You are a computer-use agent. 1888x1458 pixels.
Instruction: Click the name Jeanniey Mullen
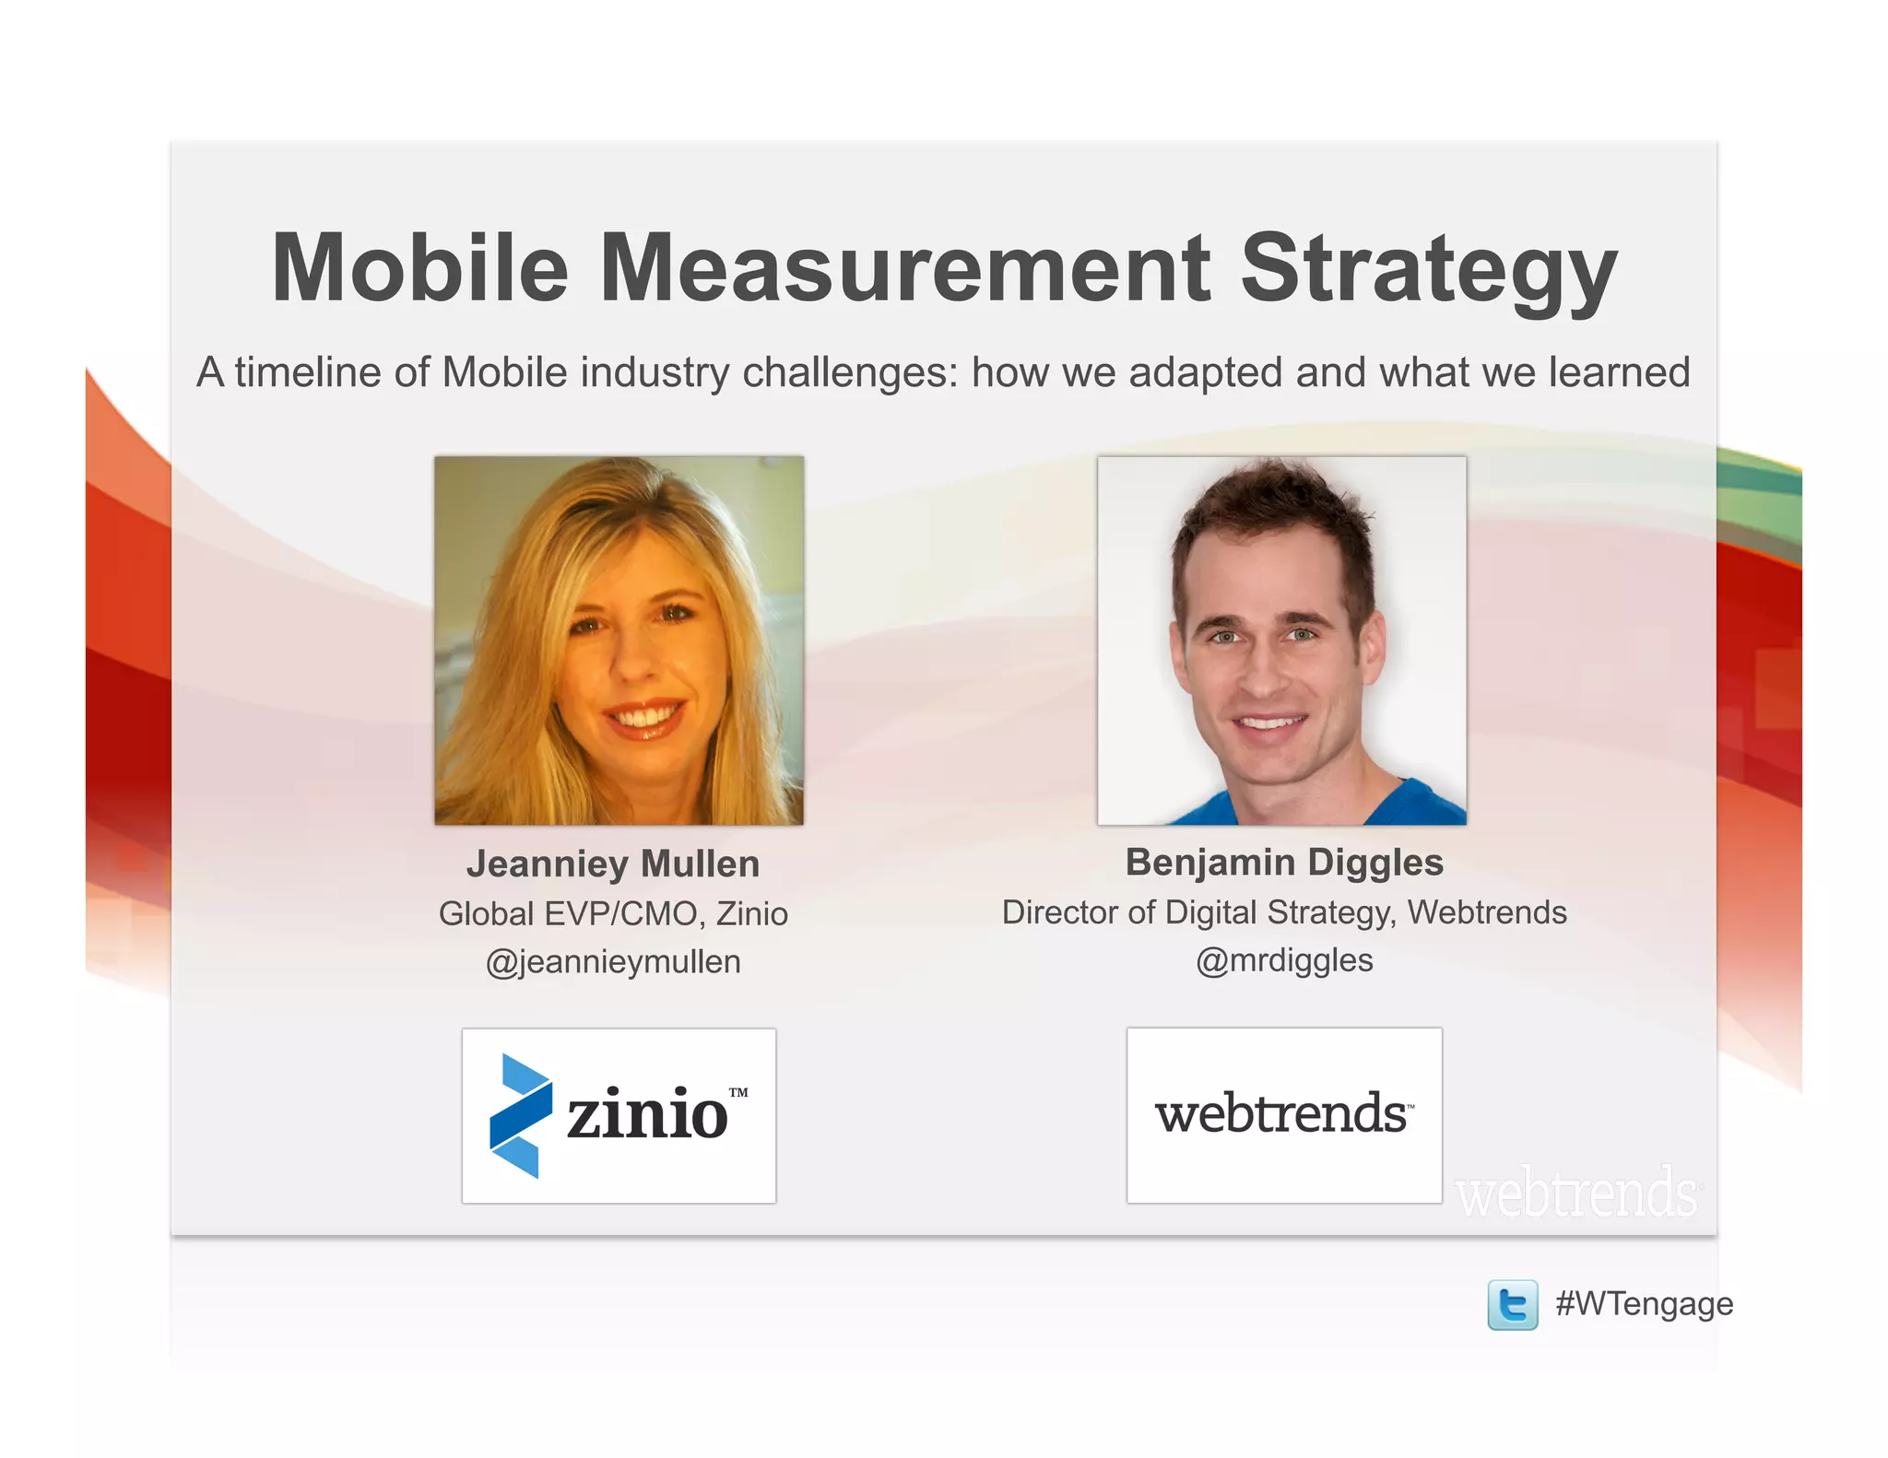(x=613, y=864)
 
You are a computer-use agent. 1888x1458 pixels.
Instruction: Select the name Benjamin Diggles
(x=1284, y=863)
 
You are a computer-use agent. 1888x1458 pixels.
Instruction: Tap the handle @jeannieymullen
(x=613, y=962)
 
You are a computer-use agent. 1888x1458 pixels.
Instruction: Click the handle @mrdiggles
(x=1284, y=960)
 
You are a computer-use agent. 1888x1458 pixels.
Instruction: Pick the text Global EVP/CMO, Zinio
(x=613, y=914)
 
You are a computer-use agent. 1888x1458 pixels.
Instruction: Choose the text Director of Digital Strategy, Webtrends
(x=1284, y=912)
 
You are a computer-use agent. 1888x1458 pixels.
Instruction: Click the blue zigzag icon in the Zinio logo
(x=521, y=1115)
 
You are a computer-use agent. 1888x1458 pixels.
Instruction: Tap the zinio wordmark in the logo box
(x=647, y=1115)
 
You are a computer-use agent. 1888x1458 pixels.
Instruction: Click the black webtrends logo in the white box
(x=1282, y=1113)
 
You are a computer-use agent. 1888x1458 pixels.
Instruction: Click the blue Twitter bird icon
(x=1513, y=1305)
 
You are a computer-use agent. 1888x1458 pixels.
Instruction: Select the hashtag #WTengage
(x=1644, y=1304)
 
